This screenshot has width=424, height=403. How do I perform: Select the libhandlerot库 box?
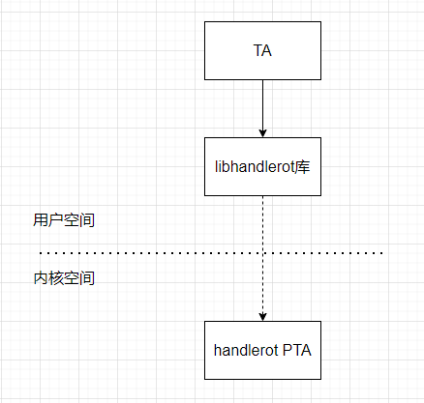(x=262, y=166)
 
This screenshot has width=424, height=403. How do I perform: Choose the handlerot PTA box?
(x=262, y=349)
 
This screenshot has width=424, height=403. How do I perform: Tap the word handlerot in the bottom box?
(x=246, y=349)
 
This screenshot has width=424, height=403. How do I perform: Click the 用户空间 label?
(x=63, y=220)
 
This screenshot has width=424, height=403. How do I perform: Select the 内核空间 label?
(x=63, y=278)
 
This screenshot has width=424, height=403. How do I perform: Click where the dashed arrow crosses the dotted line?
(x=262, y=253)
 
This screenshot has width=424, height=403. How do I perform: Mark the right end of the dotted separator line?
(x=383, y=253)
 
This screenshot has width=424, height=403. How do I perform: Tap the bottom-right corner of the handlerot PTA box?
(x=320, y=378)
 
